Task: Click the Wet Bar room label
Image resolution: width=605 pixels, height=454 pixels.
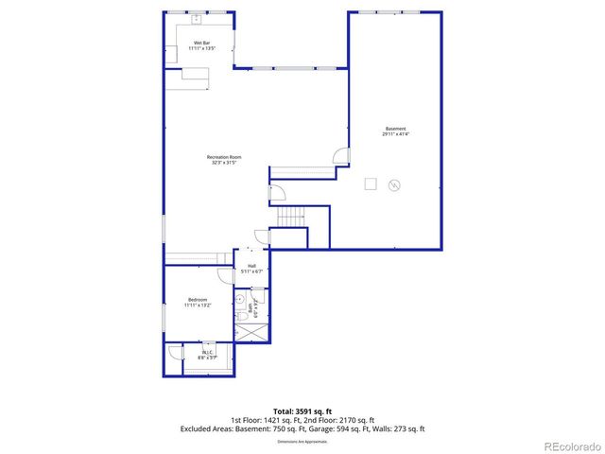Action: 201,44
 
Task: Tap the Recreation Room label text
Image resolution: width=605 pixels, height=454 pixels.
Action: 225,159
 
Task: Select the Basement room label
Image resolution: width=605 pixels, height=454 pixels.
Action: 395,131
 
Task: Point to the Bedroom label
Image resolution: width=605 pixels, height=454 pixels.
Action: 198,303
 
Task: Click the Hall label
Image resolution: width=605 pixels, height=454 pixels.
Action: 251,269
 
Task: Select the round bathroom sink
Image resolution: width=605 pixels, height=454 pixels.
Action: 239,298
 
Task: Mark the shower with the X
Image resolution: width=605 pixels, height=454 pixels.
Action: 252,332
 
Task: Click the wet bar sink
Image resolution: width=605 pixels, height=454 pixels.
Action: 199,19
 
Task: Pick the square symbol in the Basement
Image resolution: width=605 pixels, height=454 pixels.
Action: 372,183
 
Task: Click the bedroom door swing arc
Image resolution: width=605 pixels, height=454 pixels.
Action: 225,276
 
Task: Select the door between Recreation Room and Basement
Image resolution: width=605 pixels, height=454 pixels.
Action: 342,155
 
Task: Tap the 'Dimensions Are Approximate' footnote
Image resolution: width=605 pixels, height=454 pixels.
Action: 302,442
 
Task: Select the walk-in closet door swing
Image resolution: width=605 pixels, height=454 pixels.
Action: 176,352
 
